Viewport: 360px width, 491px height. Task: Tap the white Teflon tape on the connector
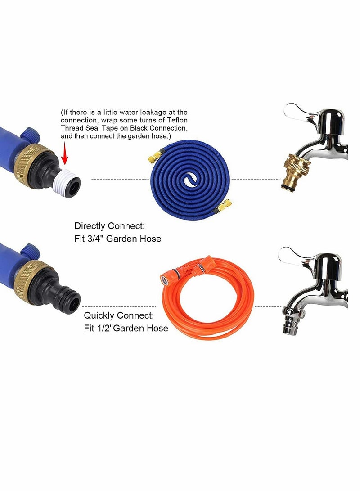point(67,180)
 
